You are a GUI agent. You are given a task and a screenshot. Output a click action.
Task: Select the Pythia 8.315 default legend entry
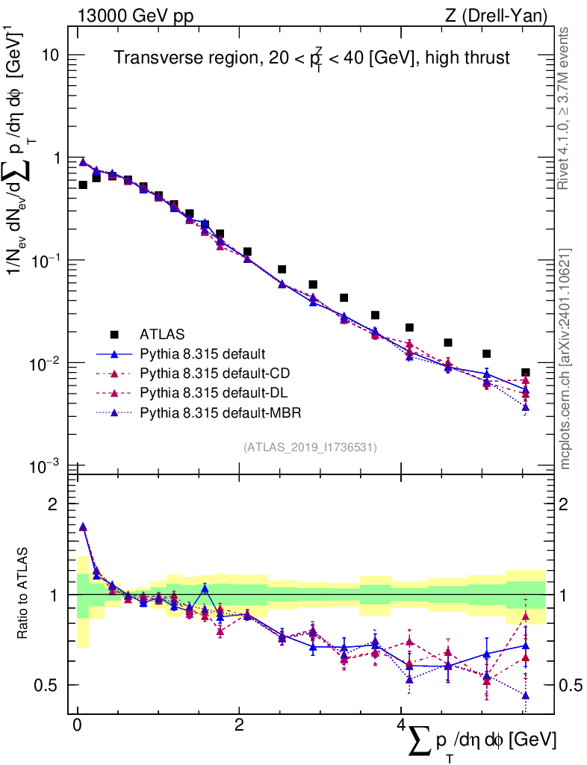point(203,353)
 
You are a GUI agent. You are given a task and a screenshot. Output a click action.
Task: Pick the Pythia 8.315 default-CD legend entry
point(213,372)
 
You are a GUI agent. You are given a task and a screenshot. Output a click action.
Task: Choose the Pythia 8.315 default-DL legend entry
point(212,392)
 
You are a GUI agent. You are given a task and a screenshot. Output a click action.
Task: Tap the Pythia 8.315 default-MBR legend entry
point(217,412)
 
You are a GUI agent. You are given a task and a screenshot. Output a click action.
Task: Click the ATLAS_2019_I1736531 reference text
point(310,447)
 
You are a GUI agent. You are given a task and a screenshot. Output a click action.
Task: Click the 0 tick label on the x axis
point(77,726)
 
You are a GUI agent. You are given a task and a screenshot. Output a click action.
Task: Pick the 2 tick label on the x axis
point(239,726)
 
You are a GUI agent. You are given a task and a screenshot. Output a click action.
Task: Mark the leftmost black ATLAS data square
point(83,185)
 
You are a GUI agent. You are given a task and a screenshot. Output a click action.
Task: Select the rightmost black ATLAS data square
point(526,372)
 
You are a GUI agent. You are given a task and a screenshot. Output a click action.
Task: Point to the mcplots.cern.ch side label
point(565,359)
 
